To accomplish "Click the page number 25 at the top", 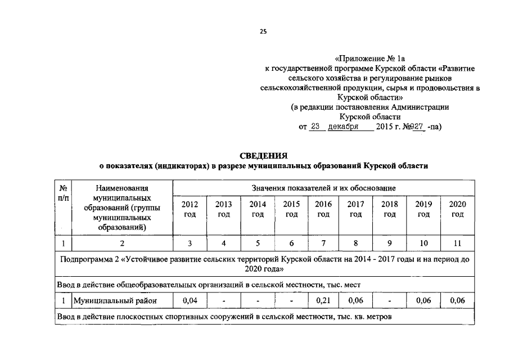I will (x=263, y=31).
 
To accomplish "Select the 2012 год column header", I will (x=190, y=209).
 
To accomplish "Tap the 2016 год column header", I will (x=323, y=209).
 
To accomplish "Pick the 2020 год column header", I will (x=458, y=209).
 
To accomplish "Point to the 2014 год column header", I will (x=258, y=209).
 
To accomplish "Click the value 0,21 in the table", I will (x=323, y=301).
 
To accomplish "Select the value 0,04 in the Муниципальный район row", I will (x=190, y=301).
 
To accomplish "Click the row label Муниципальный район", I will (x=115, y=301).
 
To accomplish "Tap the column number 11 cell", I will (x=458, y=244).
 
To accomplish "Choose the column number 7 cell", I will (x=323, y=244).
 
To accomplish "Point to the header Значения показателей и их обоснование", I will (x=323, y=187).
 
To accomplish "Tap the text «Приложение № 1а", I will (x=370, y=58).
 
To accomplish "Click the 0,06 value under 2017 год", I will (x=355, y=301).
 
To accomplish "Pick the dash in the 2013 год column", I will (x=224, y=301).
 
